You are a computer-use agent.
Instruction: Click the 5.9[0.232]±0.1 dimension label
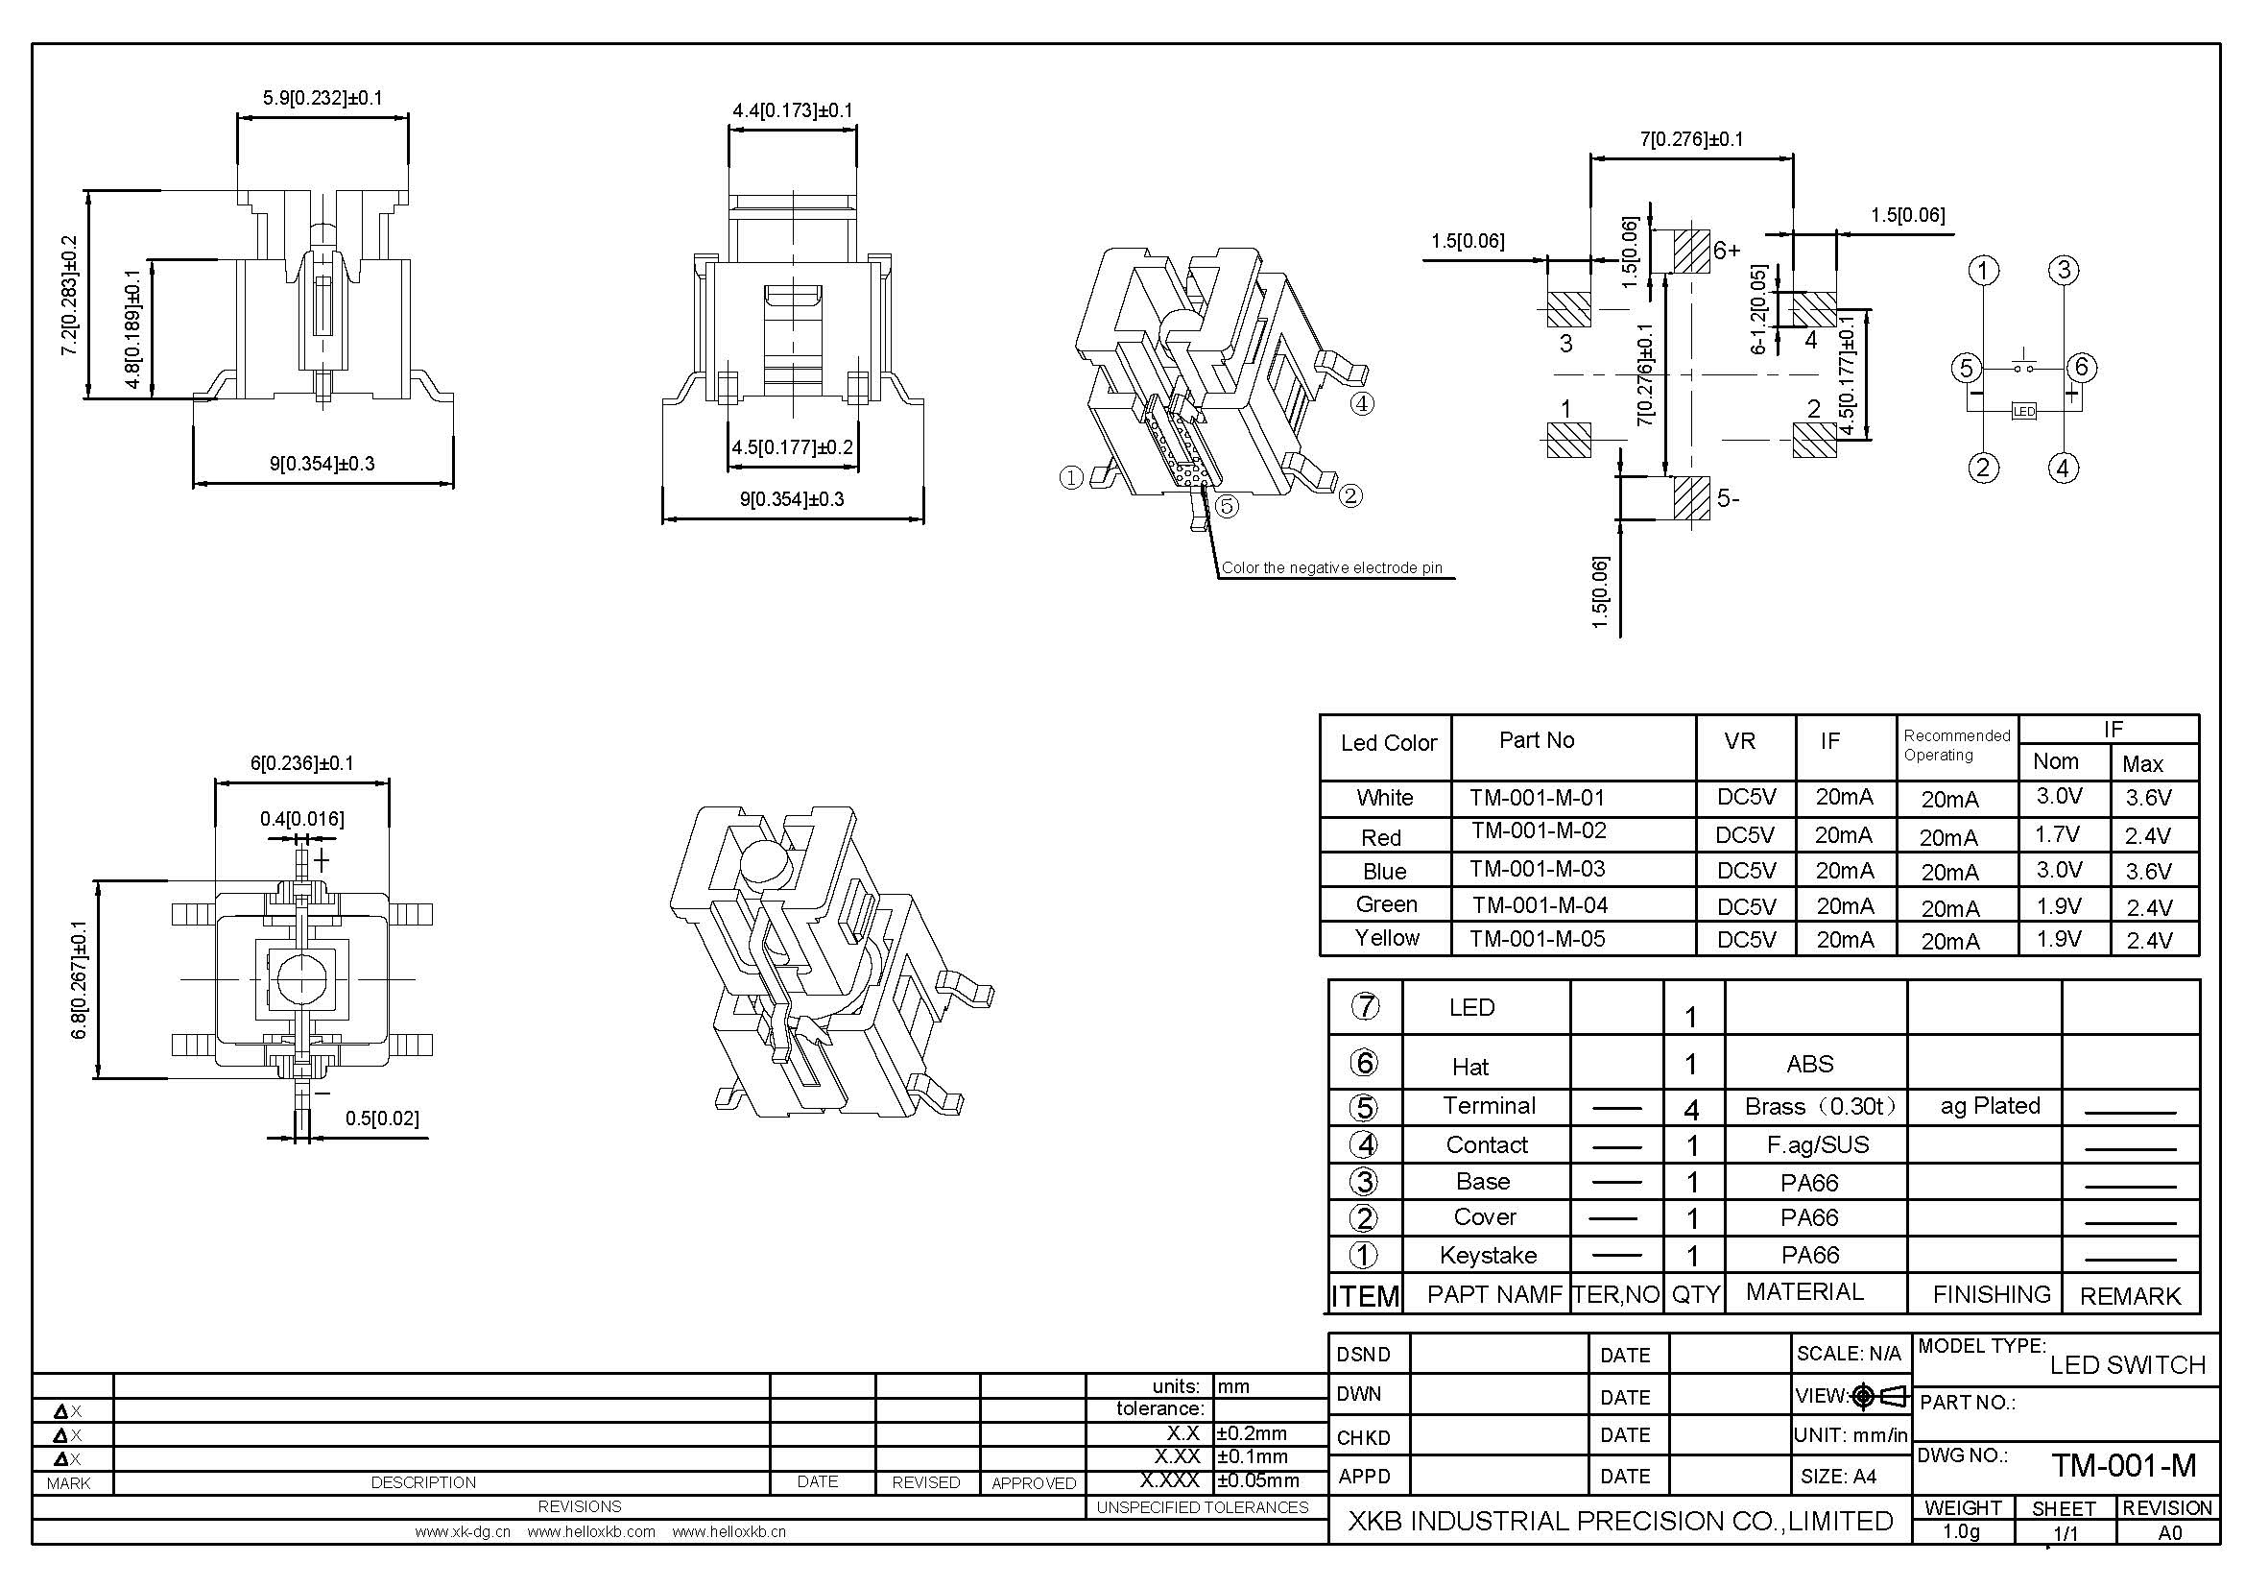point(322,98)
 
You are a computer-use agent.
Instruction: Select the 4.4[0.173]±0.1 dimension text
point(792,110)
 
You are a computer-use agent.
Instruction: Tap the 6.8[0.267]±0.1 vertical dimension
point(80,980)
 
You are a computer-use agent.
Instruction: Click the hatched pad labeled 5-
point(1691,497)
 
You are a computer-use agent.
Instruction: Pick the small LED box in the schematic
point(2023,411)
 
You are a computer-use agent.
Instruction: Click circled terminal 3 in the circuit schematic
point(2064,270)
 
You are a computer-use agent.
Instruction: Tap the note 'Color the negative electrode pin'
point(1332,568)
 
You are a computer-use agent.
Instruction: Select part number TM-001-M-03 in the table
point(1537,869)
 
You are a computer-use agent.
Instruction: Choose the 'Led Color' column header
point(1388,743)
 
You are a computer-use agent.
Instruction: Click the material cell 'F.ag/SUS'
point(1817,1144)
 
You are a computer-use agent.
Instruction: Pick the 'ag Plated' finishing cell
point(1990,1106)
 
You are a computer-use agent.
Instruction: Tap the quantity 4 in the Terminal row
point(1691,1109)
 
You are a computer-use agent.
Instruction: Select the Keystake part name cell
point(1487,1255)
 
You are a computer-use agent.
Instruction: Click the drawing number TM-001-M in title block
point(2124,1465)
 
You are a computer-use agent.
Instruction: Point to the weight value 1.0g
point(1961,1531)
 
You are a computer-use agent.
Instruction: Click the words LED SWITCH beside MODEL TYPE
point(2128,1365)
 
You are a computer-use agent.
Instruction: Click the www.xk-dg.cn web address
point(463,1532)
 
